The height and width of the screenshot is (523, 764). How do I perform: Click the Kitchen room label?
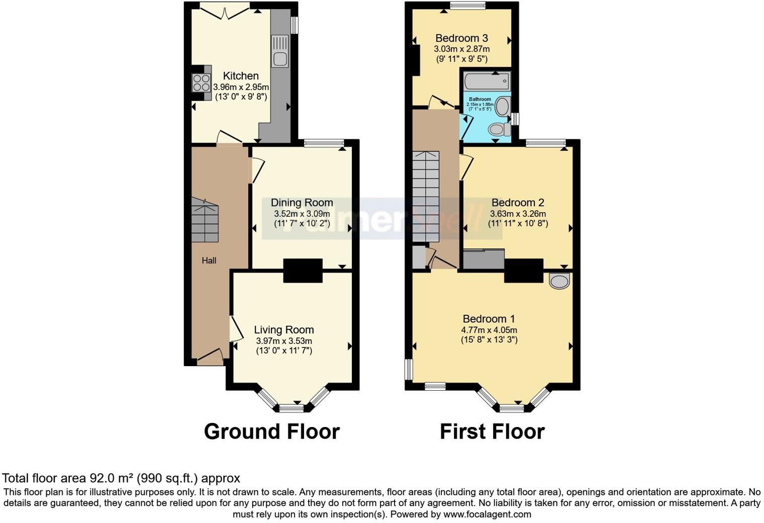tap(241, 76)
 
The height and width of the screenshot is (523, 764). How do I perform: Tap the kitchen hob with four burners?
tap(201, 83)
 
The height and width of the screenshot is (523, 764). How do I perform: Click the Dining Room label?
tap(302, 203)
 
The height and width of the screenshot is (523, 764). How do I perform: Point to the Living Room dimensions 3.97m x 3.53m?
tap(284, 341)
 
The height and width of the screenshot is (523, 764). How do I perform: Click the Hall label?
tap(209, 260)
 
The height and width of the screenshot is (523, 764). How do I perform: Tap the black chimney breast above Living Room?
tap(303, 271)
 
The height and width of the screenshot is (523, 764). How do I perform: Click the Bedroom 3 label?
tap(461, 38)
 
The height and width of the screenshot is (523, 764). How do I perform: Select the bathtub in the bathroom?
tap(487, 81)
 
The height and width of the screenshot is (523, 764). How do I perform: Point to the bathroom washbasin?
tap(502, 106)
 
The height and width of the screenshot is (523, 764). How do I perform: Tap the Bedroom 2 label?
tap(518, 203)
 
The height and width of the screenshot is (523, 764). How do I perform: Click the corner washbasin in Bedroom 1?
tap(559, 281)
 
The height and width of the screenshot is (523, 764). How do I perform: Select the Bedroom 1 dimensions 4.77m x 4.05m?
tap(489, 330)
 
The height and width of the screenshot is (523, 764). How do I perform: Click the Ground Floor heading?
tap(271, 431)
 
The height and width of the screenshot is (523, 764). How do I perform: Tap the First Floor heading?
tap(492, 431)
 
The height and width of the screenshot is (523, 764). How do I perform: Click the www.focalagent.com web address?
tap(487, 514)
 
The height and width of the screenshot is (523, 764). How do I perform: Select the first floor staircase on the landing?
tap(426, 196)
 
